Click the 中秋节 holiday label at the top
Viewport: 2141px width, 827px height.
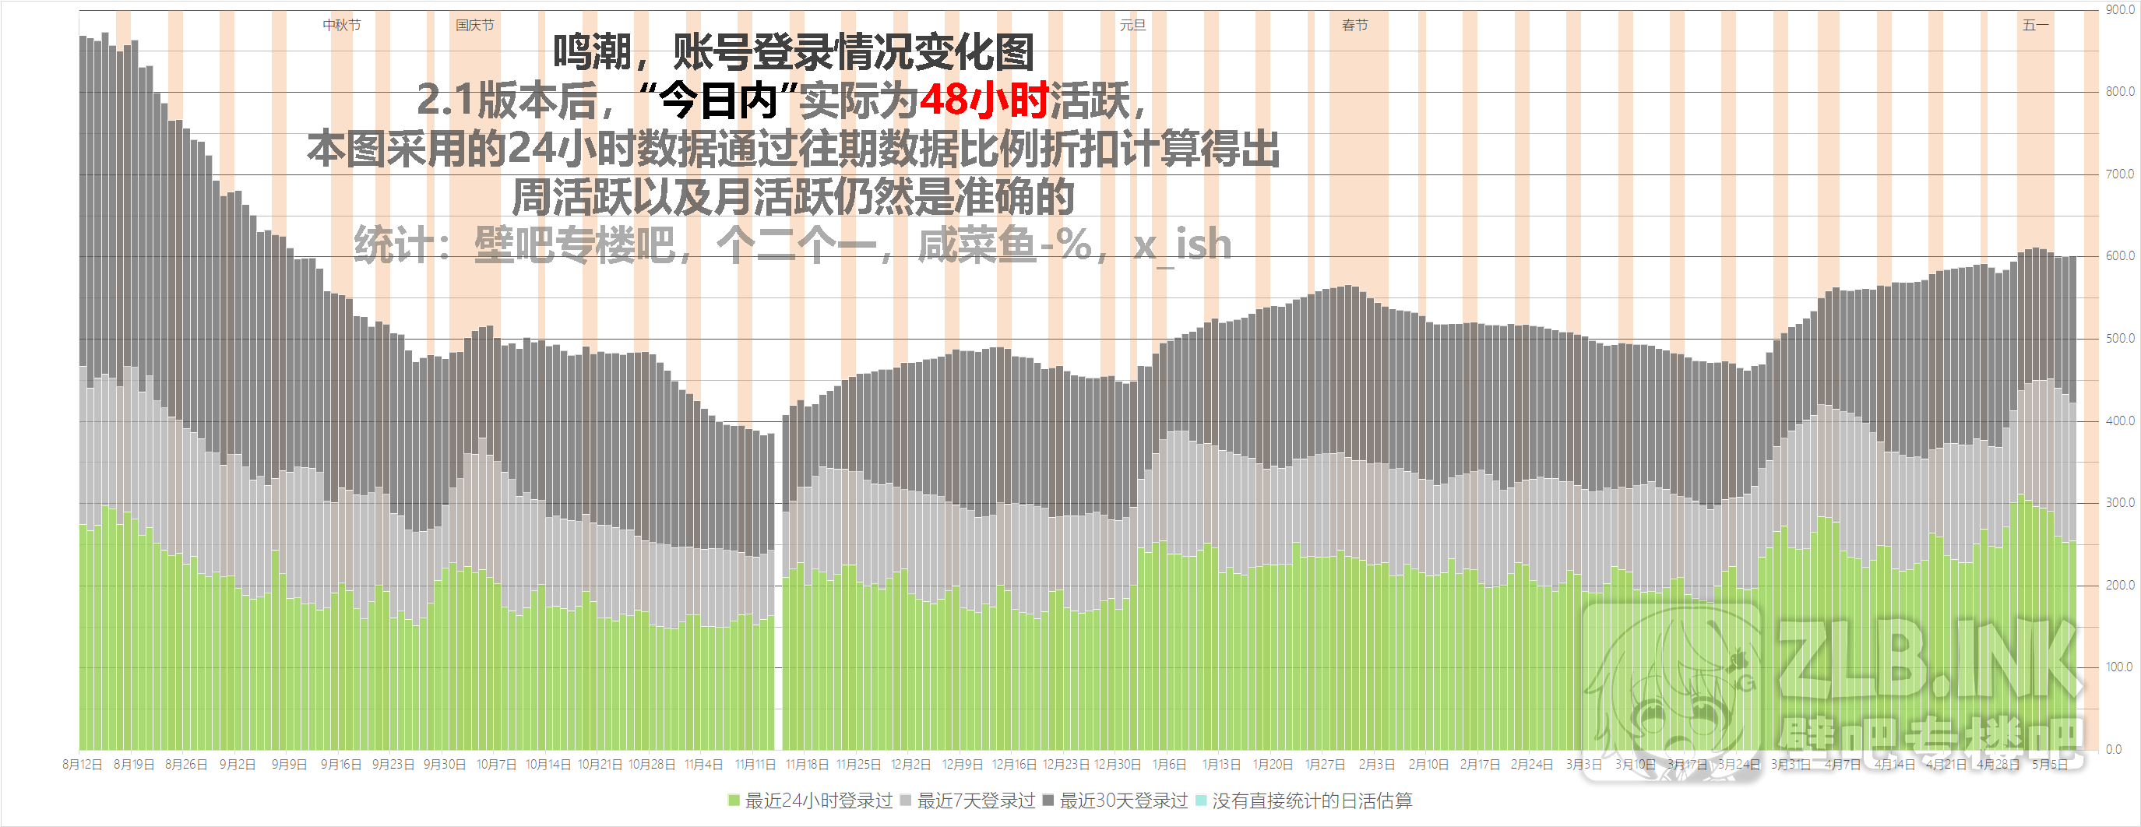coord(342,25)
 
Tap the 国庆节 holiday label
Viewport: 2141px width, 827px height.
coord(474,25)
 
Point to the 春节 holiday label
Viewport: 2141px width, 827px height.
coord(1354,25)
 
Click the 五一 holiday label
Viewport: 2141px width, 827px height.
coord(2035,25)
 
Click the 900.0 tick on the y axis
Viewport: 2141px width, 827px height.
coord(2120,10)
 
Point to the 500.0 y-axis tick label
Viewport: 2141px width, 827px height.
coord(2120,338)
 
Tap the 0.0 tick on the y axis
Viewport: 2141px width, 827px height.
coord(2114,749)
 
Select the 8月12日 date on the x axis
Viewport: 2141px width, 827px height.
coord(83,764)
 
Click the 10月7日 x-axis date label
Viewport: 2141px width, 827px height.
coord(495,764)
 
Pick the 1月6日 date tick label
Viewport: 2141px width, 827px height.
coord(1168,764)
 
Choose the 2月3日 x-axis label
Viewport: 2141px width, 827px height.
coord(1376,764)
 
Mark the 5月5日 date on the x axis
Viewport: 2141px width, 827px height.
coord(2050,764)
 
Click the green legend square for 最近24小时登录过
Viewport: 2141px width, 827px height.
coord(734,801)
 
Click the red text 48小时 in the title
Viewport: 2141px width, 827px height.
coord(984,100)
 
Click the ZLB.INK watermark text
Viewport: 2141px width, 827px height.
coord(1928,661)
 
